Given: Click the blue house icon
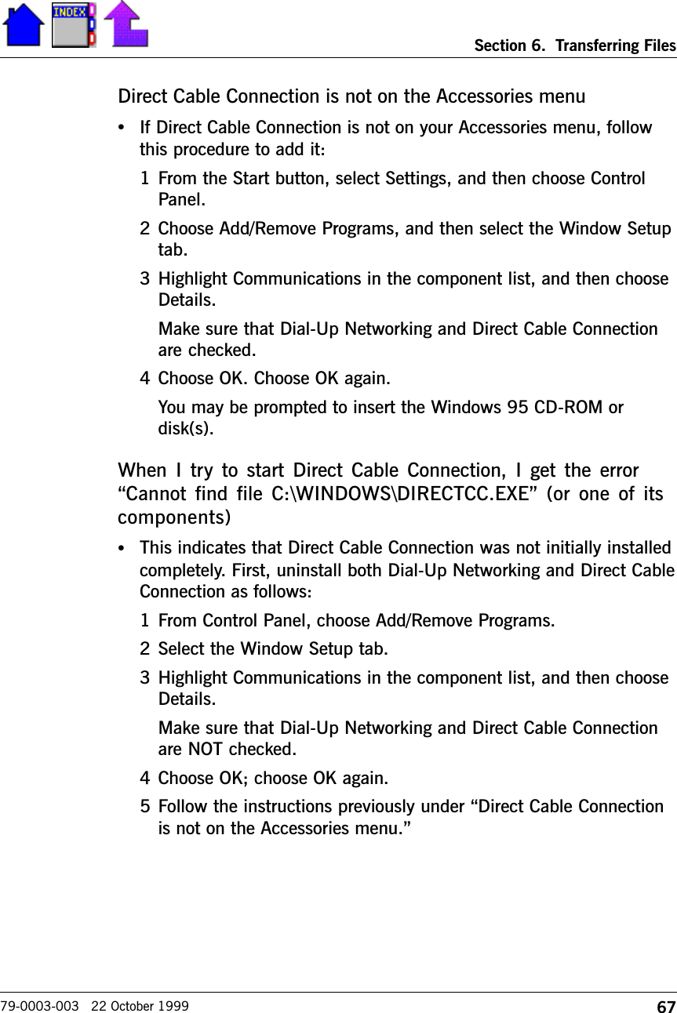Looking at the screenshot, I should pos(24,25).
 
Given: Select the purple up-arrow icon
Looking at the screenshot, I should pos(126,24).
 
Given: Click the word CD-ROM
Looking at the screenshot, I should pos(572,408).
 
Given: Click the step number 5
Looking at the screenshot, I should pos(145,806).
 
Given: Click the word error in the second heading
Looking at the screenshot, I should pos(617,471).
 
